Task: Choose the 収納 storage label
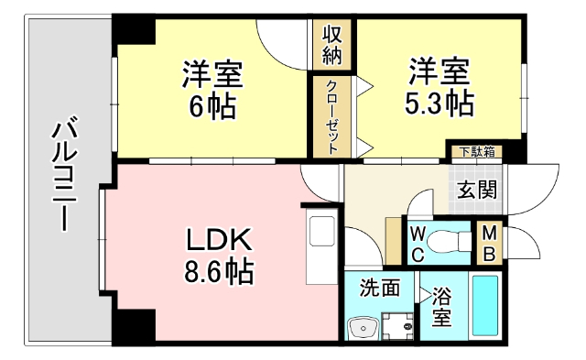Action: [x=331, y=44]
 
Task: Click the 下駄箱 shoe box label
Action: [x=477, y=151]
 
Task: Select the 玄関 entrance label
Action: [x=477, y=191]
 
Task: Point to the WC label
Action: [x=417, y=244]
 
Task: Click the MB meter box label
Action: [x=490, y=242]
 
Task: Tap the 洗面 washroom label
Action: [x=379, y=288]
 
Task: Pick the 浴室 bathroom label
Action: [x=442, y=308]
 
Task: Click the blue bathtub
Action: [x=485, y=308]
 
